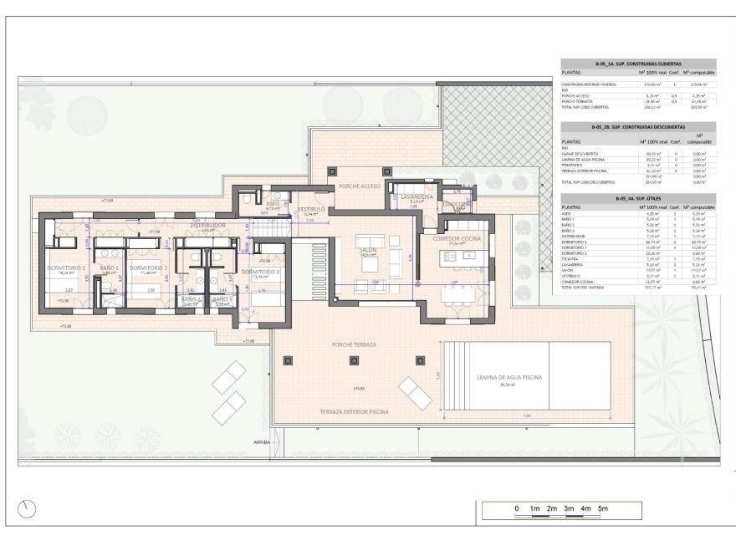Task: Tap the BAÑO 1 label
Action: coord(110,267)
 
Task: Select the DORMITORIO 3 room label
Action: coord(260,272)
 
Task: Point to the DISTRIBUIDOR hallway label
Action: coord(208,225)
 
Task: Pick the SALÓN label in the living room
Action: coord(367,250)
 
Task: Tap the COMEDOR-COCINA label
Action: coord(457,239)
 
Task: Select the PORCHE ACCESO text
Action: coord(359,186)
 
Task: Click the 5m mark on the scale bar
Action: coord(602,508)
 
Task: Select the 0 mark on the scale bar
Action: coord(517,508)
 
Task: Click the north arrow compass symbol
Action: coord(29,507)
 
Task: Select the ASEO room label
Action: coord(273,203)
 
